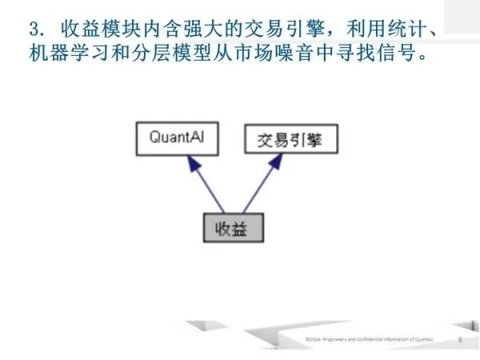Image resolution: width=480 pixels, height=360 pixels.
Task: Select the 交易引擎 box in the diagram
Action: click(291, 140)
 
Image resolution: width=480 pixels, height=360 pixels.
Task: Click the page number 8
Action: click(460, 340)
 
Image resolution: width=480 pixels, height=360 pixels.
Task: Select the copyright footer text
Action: click(370, 340)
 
